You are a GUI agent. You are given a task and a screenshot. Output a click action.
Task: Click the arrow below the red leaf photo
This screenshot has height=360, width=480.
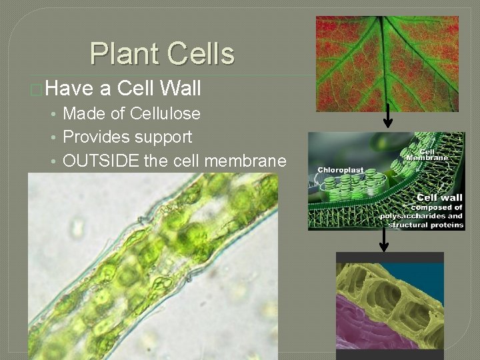387,118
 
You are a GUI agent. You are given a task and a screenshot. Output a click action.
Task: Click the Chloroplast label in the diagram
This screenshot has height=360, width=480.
340,170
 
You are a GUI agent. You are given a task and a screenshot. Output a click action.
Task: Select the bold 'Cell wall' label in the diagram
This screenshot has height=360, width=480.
439,197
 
